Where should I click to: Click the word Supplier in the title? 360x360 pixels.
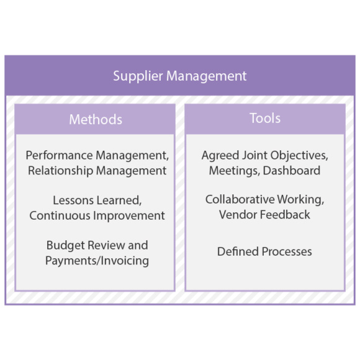(x=138, y=76)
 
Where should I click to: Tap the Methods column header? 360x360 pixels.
(x=96, y=119)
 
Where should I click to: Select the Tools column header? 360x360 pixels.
(x=265, y=118)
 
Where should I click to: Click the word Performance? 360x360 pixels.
(x=60, y=155)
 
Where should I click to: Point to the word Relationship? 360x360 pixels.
(x=61, y=171)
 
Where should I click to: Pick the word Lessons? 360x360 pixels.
(x=73, y=200)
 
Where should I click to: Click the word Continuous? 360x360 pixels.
(x=60, y=216)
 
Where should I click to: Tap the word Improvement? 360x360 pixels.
(x=129, y=216)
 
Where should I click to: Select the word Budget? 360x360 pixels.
(x=66, y=246)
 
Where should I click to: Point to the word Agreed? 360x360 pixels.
(x=219, y=156)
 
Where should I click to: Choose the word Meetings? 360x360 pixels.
(x=235, y=171)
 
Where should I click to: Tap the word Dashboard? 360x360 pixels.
(x=292, y=171)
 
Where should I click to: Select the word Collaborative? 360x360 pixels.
(x=240, y=199)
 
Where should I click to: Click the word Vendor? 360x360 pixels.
(x=238, y=215)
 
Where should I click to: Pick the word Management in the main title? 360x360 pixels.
(x=206, y=76)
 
